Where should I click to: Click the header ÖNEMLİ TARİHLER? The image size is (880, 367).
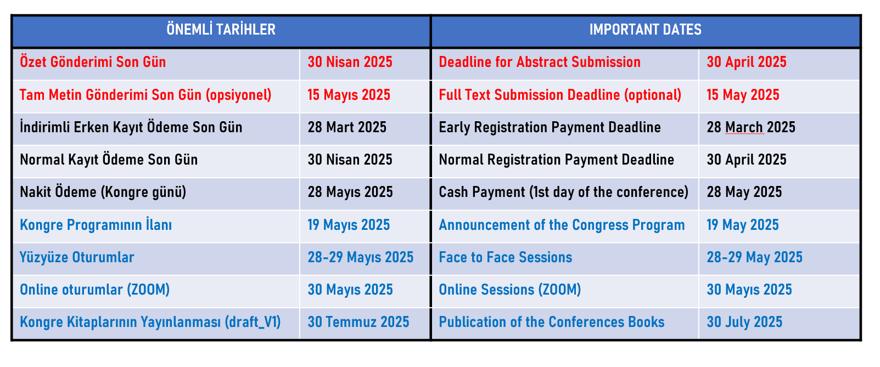tap(221, 30)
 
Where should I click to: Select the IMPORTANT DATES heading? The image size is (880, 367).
tap(645, 30)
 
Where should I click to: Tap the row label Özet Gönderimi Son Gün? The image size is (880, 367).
tap(93, 62)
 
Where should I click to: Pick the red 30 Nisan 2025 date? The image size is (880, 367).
tap(350, 62)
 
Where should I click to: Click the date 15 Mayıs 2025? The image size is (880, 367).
tap(349, 95)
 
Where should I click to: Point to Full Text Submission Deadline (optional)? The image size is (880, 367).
tap(560, 95)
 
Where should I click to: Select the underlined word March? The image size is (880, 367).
tap(744, 127)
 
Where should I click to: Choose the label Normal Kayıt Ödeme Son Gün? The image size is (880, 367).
tap(109, 160)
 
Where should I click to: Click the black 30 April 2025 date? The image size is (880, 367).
tap(747, 160)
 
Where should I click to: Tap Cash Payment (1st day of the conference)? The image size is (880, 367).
tap(563, 192)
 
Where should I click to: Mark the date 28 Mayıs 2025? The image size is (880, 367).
tap(350, 192)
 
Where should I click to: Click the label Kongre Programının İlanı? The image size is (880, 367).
tap(96, 224)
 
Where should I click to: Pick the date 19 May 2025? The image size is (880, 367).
tap(743, 225)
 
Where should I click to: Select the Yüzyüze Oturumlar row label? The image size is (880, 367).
tap(77, 257)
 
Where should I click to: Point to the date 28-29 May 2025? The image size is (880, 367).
tap(754, 257)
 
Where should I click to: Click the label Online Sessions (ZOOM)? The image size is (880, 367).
tap(509, 290)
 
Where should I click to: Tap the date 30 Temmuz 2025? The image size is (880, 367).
tap(358, 322)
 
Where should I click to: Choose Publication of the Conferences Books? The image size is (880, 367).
tap(552, 322)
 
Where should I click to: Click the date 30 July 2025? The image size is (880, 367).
tap(744, 322)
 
